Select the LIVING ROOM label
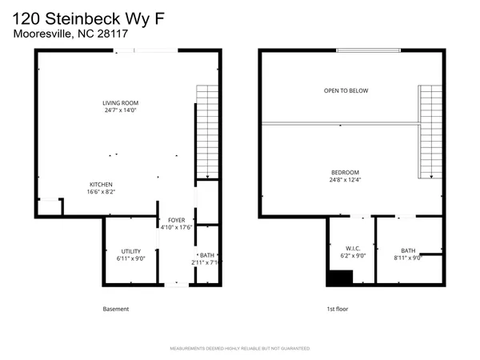pyautogui.click(x=120, y=102)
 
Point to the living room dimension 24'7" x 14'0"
pyautogui.click(x=120, y=110)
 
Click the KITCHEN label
pyautogui.click(x=100, y=184)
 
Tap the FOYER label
pyautogui.click(x=175, y=219)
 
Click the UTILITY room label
pyautogui.click(x=130, y=251)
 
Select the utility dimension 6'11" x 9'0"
pyautogui.click(x=130, y=259)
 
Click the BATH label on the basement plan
pyautogui.click(x=207, y=254)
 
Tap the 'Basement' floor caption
pyautogui.click(x=116, y=309)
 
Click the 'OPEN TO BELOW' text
pyautogui.click(x=346, y=90)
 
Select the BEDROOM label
pyautogui.click(x=346, y=172)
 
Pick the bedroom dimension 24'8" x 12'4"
pyautogui.click(x=346, y=181)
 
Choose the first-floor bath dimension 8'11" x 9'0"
pyautogui.click(x=408, y=258)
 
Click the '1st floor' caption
pyautogui.click(x=336, y=309)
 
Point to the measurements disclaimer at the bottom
pyautogui.click(x=240, y=349)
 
